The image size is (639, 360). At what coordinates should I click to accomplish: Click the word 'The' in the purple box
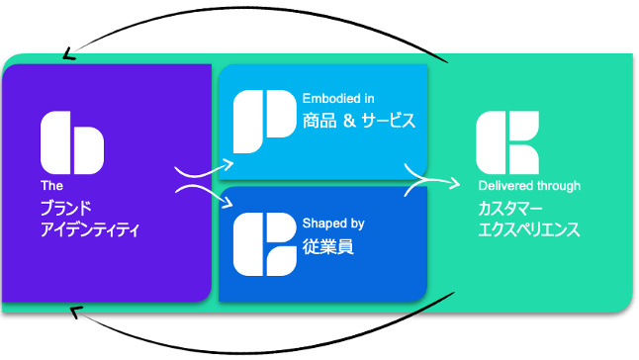[x=51, y=186]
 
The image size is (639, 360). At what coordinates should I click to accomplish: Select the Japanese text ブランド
[x=66, y=209]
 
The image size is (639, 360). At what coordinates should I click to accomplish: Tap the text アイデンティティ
[x=90, y=229]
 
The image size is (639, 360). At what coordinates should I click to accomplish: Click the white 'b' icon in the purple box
[x=72, y=142]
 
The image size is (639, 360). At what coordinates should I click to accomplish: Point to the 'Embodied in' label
[x=338, y=99]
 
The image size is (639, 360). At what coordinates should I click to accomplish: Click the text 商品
[x=319, y=121]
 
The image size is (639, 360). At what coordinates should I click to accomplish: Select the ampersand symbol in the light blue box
[x=349, y=121]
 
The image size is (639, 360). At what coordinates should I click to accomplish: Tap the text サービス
[x=389, y=121]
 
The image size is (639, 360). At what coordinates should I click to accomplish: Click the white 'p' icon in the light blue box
[x=265, y=122]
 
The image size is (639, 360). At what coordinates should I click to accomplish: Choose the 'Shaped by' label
[x=333, y=224]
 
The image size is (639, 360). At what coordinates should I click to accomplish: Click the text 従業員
[x=328, y=247]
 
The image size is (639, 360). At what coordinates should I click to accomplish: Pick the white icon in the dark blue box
[x=265, y=244]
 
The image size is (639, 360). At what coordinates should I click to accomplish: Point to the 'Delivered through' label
[x=529, y=186]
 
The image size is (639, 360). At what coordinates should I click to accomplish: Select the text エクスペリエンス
[x=528, y=229]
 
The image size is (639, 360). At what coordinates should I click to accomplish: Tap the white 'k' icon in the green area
[x=507, y=142]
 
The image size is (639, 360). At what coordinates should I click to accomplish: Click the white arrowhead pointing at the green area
[x=455, y=184]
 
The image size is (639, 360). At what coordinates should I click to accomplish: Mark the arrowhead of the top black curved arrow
[x=68, y=54]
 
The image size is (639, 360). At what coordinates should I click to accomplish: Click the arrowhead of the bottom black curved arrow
[x=76, y=313]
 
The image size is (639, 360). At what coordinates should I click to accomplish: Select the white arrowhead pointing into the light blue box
[x=228, y=164]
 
